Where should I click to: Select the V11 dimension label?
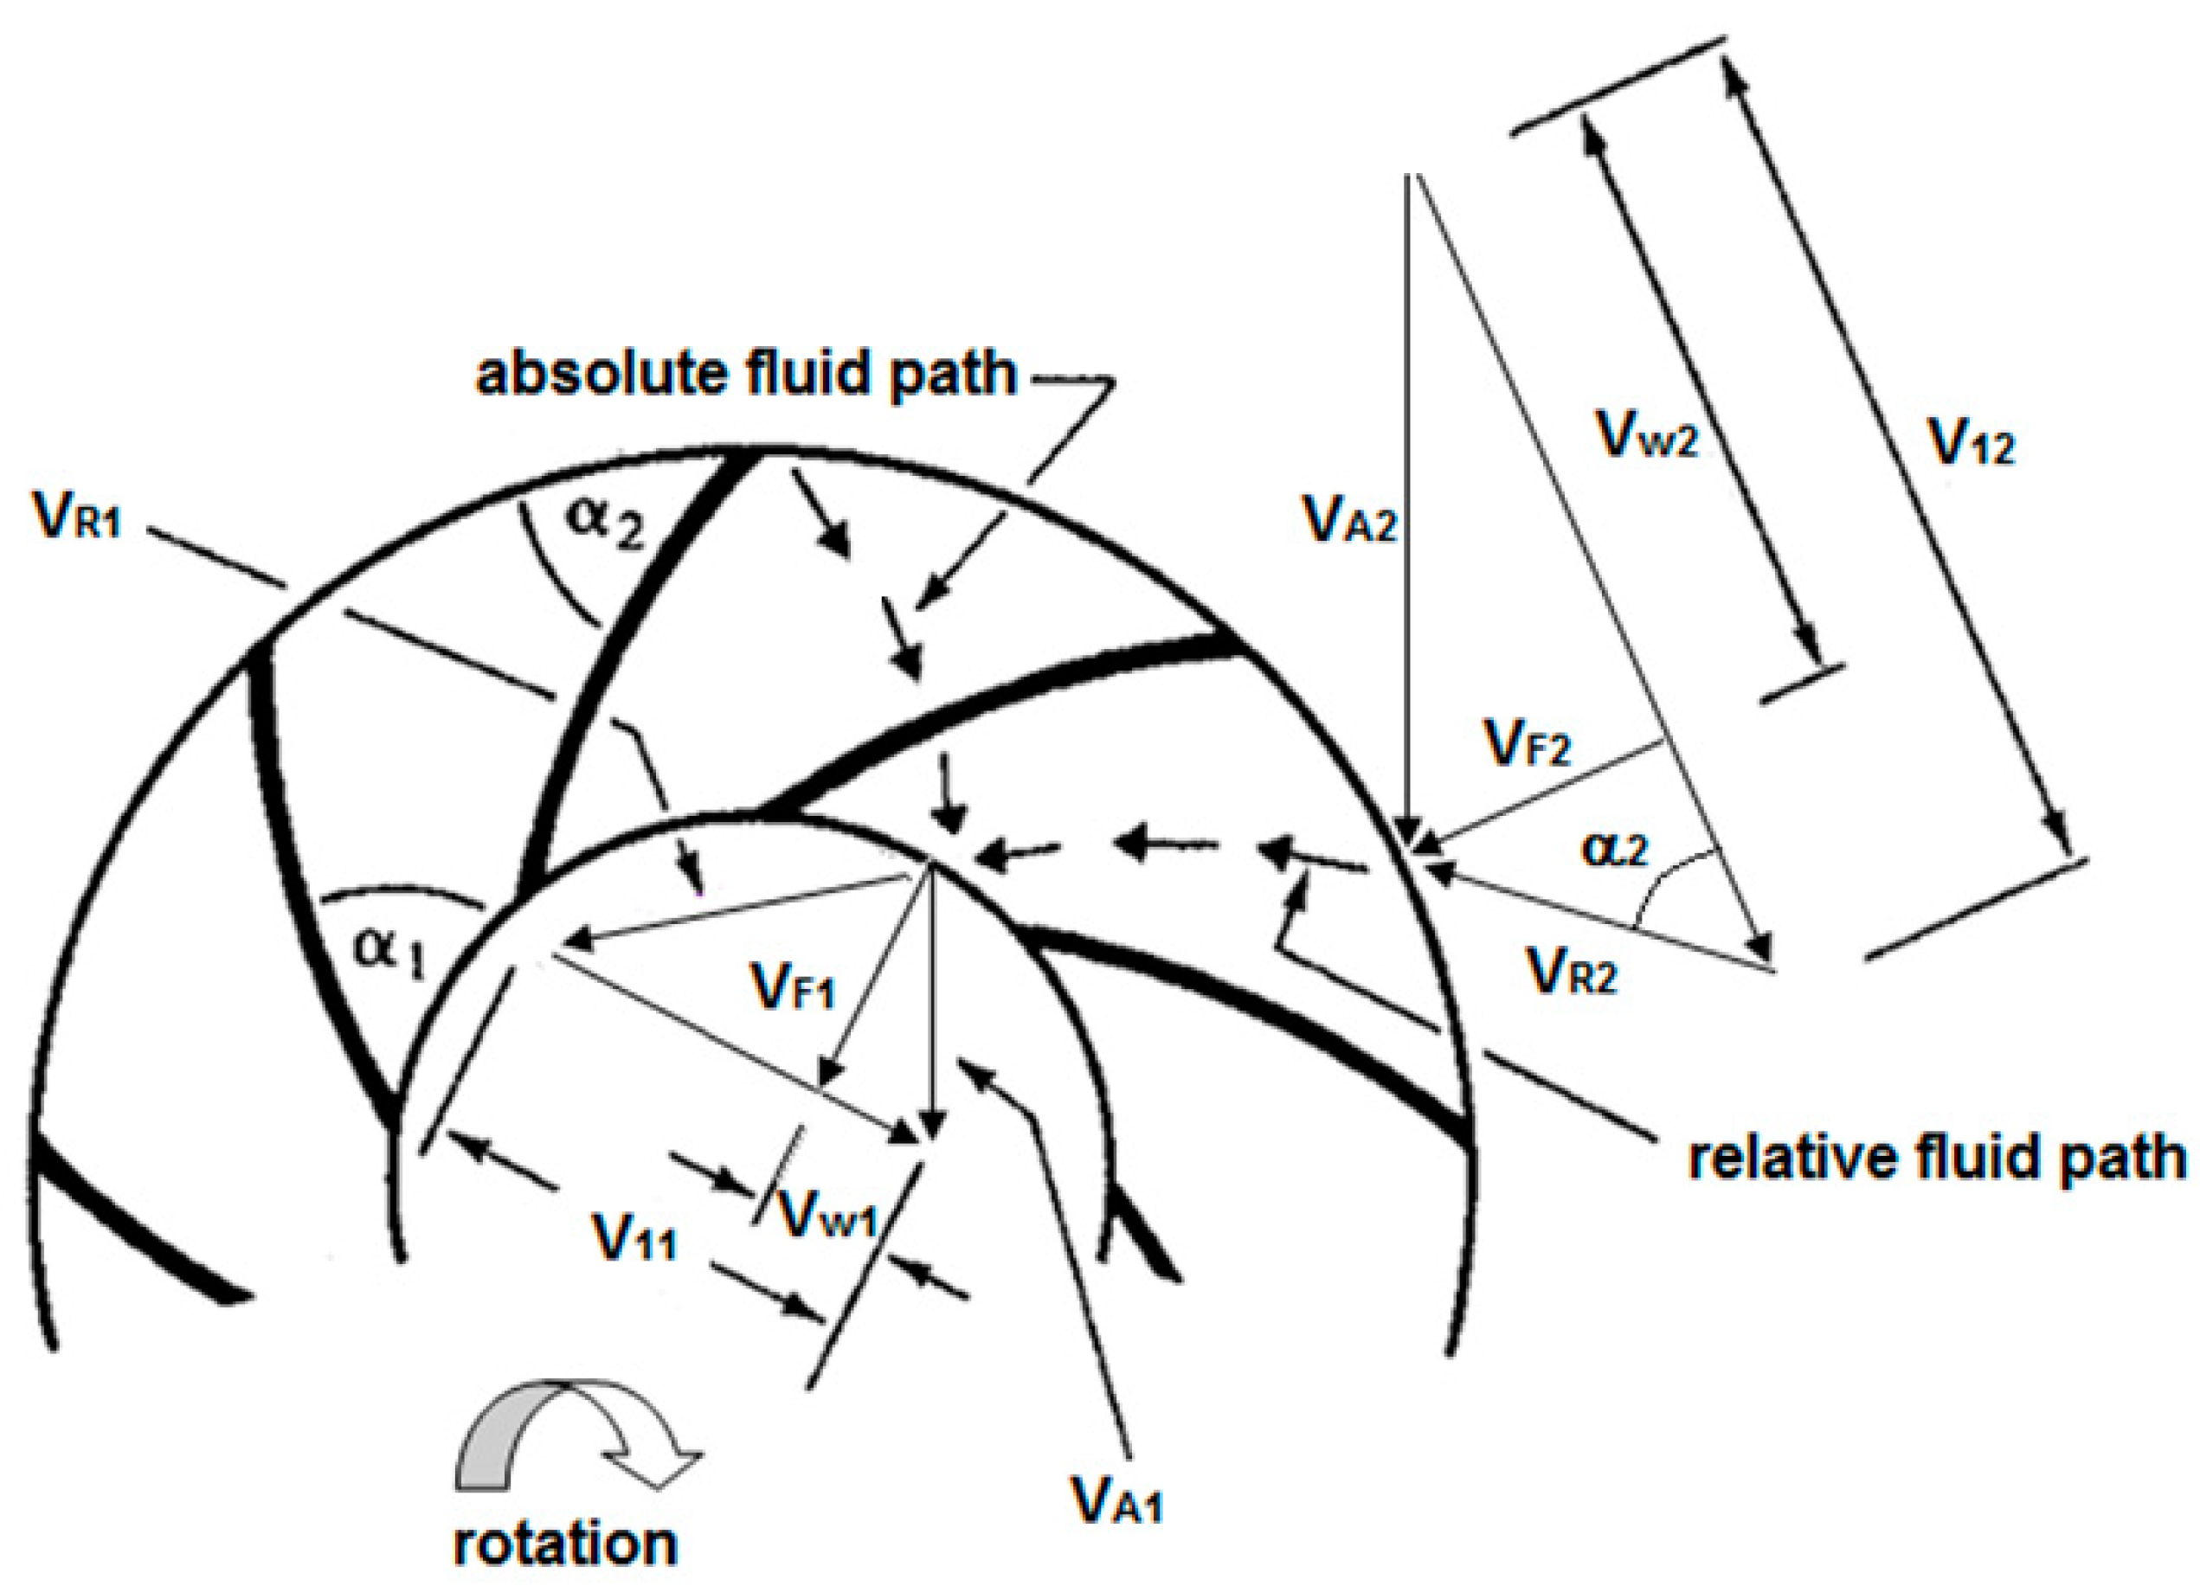[635, 1241]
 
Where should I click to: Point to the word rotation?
[564, 1543]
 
